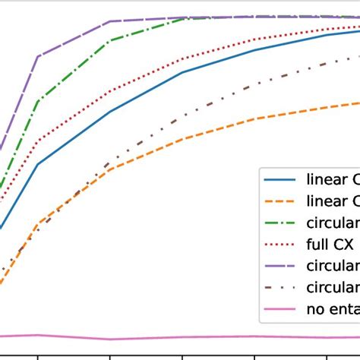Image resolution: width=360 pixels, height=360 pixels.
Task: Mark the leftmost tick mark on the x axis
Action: [x=38, y=355]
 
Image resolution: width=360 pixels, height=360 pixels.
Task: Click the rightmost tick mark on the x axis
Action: [x=327, y=355]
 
